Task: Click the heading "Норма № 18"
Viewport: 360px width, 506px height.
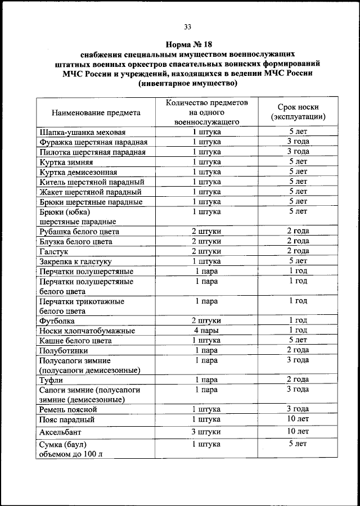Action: tap(186, 44)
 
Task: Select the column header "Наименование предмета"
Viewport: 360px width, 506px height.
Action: tap(96, 112)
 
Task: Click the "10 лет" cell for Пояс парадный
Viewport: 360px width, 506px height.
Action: tap(298, 419)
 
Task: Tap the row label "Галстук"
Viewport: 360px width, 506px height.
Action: tap(55, 251)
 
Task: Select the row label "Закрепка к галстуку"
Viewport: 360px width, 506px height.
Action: tap(75, 261)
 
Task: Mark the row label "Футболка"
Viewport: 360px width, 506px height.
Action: tap(57, 320)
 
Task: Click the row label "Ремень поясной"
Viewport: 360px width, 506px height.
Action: tap(68, 409)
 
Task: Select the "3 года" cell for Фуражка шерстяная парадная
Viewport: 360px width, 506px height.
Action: tap(298, 142)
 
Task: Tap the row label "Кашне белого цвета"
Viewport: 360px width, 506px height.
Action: tap(75, 341)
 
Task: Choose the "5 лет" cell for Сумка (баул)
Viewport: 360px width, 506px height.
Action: tap(298, 444)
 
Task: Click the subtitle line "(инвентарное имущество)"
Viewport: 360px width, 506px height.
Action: tap(187, 83)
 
